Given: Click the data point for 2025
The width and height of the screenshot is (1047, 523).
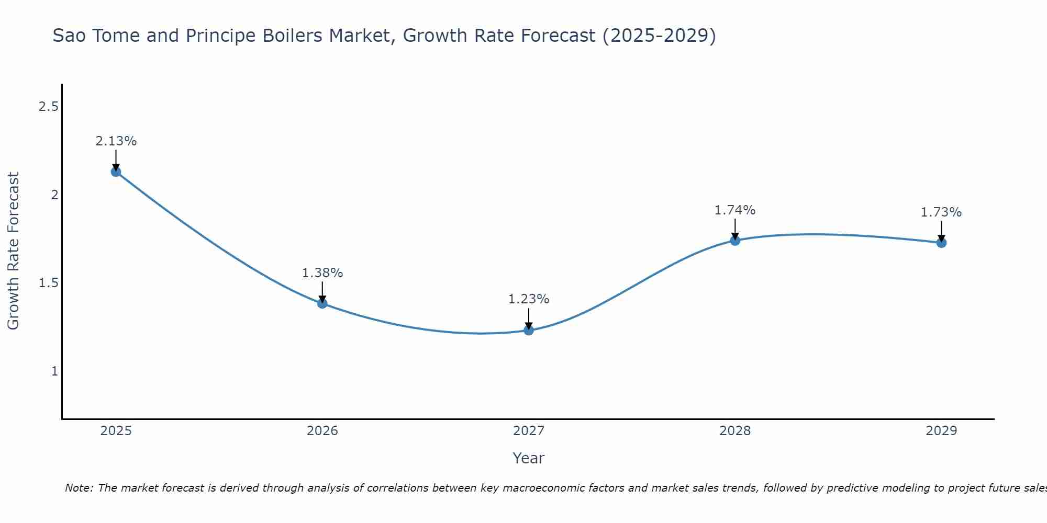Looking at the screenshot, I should coord(116,172).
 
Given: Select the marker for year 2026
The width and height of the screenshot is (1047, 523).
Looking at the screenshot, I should coord(322,303).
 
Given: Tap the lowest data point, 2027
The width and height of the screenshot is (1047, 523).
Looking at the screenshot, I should coord(529,330).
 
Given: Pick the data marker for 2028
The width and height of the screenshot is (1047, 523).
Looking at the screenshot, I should coord(735,241).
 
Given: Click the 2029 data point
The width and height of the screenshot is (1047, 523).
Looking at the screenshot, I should coord(941,243).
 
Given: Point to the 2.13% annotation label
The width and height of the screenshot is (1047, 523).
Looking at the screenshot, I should coord(116,141).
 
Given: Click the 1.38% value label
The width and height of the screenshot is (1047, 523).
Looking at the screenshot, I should coord(322,273).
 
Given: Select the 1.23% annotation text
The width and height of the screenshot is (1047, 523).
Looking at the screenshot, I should coord(529,299).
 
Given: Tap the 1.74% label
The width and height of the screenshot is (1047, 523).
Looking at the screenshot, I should coord(735,210).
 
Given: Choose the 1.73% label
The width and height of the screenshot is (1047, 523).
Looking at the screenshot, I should coord(941,212).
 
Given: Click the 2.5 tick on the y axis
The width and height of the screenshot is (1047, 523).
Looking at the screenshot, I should coord(48,107).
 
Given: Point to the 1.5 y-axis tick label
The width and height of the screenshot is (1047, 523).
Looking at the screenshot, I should coord(48,283).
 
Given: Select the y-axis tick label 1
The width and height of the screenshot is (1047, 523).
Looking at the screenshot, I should coord(54,371).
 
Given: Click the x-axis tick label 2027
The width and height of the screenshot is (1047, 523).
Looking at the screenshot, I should coord(529,431).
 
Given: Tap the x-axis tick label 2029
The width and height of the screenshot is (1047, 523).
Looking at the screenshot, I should coord(941,431).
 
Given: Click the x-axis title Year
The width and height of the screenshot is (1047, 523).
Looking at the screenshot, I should coord(529,458).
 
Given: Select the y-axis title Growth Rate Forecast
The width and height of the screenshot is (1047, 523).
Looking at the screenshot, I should coord(13,251).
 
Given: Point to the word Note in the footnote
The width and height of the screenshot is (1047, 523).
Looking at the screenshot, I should coord(79,488).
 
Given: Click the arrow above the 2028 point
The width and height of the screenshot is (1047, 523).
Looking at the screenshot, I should coord(735,229).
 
